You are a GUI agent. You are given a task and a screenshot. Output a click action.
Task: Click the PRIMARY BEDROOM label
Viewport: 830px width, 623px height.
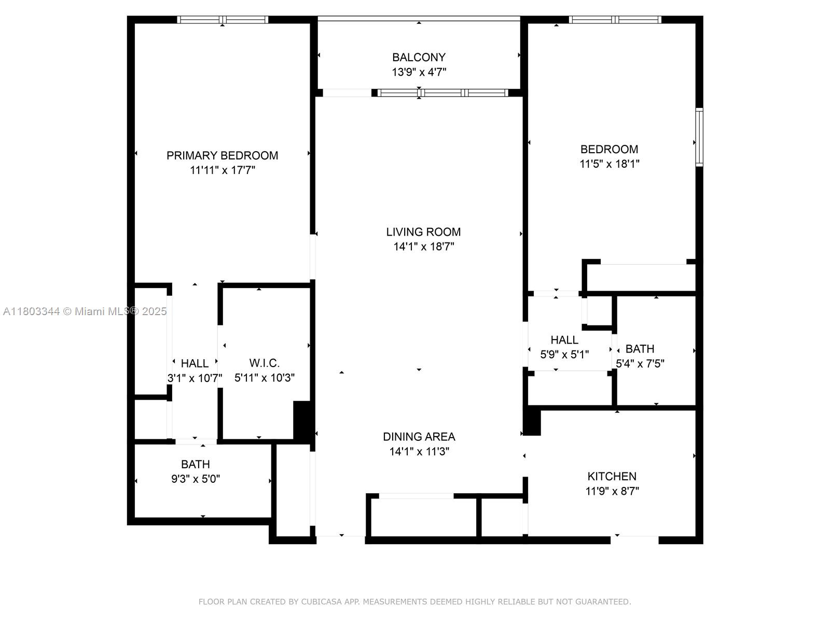pos(222,155)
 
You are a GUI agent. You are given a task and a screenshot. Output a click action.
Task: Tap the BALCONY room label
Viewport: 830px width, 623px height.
pos(419,57)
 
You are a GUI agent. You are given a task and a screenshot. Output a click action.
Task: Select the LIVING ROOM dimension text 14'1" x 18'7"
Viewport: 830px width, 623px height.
pos(423,247)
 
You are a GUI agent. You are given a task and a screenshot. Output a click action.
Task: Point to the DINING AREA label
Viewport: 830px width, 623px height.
pos(419,437)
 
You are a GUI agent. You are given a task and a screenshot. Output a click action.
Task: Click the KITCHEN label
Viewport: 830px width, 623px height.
pos(612,476)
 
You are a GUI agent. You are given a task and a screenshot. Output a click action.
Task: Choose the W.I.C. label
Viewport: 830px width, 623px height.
pos(264,363)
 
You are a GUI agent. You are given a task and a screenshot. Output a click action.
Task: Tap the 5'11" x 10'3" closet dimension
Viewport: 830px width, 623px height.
pos(264,378)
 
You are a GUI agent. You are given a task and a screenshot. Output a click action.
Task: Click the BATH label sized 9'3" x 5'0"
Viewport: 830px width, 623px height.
pos(195,464)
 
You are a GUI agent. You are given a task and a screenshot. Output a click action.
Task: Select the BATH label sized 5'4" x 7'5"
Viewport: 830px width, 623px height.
pos(640,349)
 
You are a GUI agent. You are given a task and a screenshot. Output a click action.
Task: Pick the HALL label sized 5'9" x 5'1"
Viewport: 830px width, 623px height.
pos(564,340)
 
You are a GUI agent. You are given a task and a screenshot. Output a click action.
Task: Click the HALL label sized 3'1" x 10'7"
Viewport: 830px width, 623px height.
pos(195,363)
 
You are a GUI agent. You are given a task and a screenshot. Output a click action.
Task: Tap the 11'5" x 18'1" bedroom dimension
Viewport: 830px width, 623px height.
pos(609,164)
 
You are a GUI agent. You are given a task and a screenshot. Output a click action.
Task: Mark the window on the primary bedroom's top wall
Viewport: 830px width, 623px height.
pos(223,20)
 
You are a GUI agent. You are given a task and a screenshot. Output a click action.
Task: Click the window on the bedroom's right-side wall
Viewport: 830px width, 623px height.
pos(699,137)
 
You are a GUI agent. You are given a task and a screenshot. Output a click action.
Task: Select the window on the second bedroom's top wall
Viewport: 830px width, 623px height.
pos(615,20)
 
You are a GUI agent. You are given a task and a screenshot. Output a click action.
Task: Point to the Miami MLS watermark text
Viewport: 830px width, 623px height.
pos(85,311)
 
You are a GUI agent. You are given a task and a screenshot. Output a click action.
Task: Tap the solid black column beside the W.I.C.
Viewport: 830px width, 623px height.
pos(302,421)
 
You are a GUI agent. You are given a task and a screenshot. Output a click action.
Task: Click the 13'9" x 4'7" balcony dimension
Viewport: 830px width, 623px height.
pos(419,72)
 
